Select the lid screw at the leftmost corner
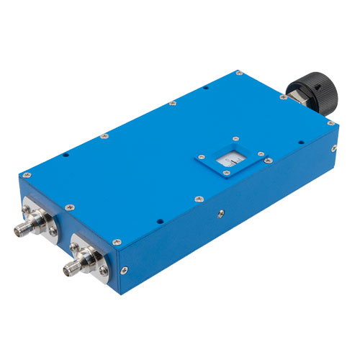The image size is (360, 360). (27, 174)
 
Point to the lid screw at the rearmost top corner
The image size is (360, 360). (238, 73)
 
